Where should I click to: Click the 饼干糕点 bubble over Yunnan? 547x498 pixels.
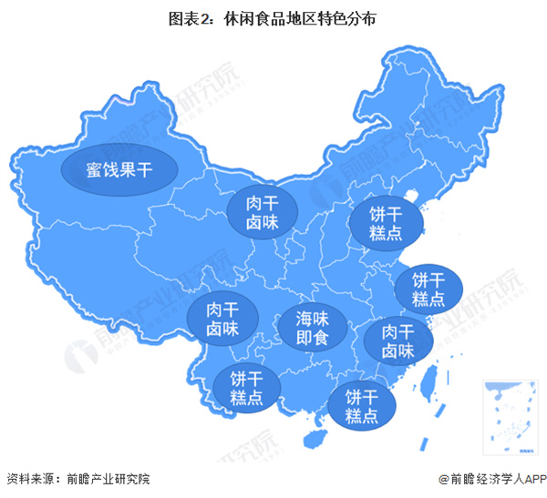tap(245, 388)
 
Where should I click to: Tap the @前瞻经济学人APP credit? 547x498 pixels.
tap(491, 479)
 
